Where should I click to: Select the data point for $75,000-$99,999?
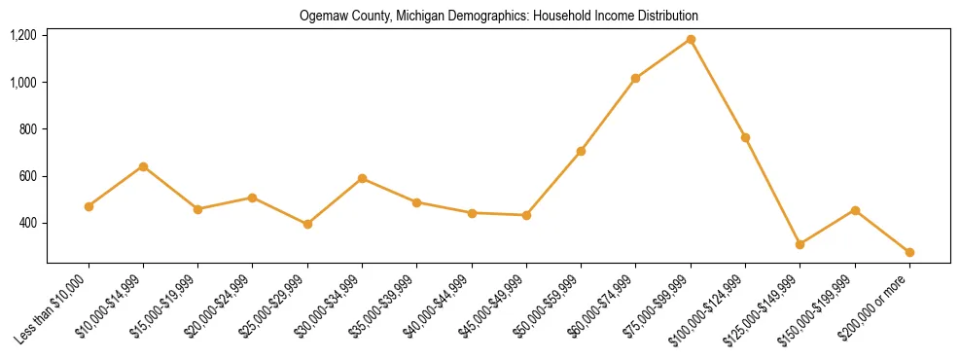point(691,40)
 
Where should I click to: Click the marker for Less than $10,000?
point(89,206)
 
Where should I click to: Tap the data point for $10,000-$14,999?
point(143,166)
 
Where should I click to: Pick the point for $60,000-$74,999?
point(636,78)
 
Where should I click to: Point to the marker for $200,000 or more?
point(909,252)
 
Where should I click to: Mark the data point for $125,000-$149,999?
point(800,244)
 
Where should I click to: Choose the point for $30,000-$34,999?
point(362,178)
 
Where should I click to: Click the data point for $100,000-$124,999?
point(745,137)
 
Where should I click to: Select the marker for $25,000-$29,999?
point(307,224)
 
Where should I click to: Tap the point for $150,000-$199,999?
point(855,210)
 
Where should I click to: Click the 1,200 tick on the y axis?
point(23,35)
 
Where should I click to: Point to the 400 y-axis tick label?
point(27,223)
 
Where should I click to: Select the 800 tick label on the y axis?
point(27,129)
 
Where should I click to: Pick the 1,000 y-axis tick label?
point(23,82)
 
